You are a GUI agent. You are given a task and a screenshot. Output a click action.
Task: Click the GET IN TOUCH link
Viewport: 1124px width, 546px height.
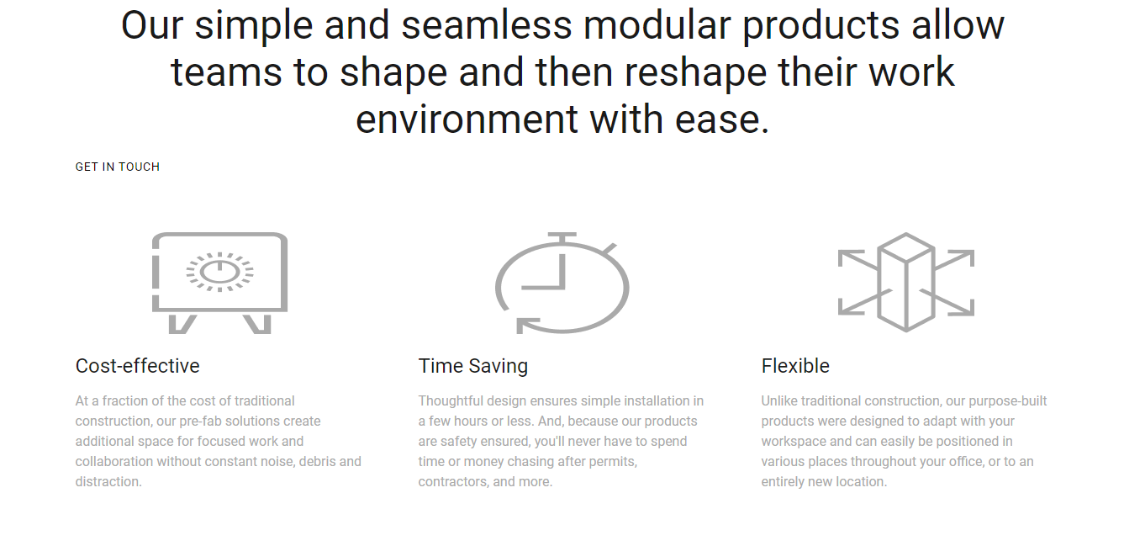pos(118,167)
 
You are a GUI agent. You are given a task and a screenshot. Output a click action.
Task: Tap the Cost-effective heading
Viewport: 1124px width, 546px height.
pos(138,366)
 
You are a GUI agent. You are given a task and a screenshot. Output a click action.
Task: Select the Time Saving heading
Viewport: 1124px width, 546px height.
pos(473,366)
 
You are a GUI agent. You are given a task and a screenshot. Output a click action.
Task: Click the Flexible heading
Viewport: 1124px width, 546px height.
pos(795,366)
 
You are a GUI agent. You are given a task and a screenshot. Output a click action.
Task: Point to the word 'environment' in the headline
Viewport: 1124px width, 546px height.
pos(467,119)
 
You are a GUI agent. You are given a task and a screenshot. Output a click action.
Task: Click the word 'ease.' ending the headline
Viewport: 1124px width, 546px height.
pos(722,120)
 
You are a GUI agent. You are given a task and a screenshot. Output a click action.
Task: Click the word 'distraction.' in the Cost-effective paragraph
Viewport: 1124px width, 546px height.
pos(108,482)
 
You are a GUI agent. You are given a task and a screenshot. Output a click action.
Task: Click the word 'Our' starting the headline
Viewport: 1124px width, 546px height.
pos(152,25)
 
